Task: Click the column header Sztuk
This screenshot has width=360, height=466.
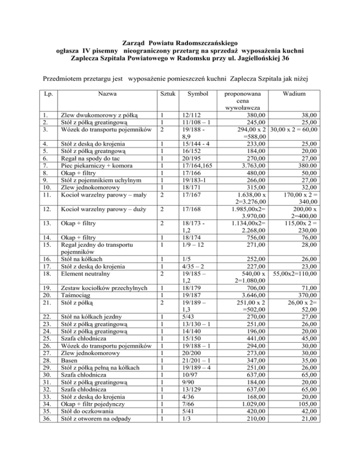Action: click(x=167, y=94)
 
